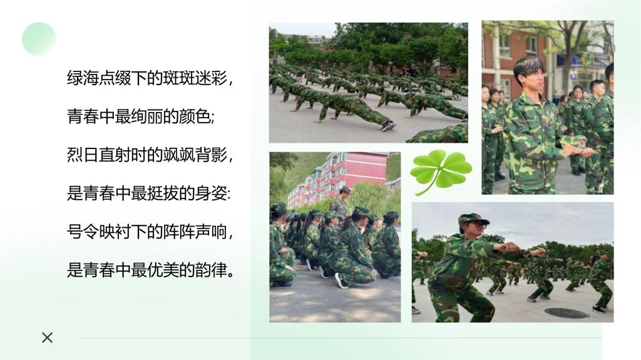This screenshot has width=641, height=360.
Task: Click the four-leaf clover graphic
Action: [441, 171]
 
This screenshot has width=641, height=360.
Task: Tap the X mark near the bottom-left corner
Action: [48, 337]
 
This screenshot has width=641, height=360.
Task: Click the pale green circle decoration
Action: [39, 39]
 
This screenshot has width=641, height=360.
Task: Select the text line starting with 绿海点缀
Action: [150, 78]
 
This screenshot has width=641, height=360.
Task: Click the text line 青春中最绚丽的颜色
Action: [141, 117]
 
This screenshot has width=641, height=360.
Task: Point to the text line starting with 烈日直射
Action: [150, 155]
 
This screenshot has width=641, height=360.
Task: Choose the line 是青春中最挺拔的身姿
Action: [149, 193]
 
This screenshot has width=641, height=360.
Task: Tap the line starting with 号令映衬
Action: [150, 232]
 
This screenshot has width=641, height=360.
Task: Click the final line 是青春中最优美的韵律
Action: [151, 270]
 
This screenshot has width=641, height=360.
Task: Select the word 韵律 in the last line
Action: [212, 270]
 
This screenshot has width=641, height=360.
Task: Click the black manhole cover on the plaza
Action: [567, 313]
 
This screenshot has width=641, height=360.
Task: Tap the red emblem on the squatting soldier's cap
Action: [475, 217]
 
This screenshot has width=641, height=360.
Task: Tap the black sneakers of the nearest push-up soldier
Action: [388, 126]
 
